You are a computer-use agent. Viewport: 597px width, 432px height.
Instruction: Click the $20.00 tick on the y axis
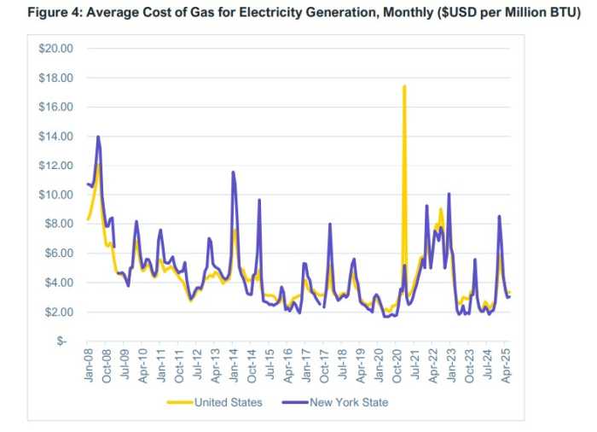point(56,49)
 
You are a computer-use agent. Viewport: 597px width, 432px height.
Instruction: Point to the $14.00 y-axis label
point(56,137)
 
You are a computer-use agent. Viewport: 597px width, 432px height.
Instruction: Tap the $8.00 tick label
point(59,225)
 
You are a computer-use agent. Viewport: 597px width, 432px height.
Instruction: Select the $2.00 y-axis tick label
point(59,312)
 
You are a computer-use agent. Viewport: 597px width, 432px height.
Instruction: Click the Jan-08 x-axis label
point(89,364)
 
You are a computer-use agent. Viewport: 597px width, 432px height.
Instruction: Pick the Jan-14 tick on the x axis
point(235,364)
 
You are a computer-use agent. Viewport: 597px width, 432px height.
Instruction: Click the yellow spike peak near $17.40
point(404,86)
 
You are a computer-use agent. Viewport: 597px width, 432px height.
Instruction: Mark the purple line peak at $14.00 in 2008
point(99,137)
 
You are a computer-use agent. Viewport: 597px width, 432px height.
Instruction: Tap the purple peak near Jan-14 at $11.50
point(234,172)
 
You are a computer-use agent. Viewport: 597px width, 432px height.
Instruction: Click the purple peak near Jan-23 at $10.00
point(449,194)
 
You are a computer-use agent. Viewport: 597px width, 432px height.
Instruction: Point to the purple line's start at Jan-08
point(88,184)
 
